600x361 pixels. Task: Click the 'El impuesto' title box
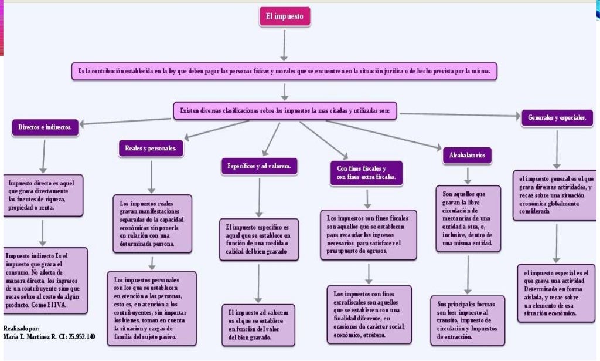285,17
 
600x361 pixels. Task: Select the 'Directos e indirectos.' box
45,127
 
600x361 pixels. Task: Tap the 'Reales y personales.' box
151,149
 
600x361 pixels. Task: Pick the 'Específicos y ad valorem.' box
259,167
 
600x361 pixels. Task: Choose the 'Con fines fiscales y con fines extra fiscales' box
366,173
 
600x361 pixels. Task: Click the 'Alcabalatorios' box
467,156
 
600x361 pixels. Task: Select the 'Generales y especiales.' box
557,118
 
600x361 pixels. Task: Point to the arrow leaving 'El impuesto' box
284,45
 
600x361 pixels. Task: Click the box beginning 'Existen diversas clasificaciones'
285,110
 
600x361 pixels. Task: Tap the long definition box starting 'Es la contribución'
284,72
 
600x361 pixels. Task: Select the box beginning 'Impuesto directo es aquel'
42,194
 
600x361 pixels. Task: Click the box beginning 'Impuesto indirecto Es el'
46,280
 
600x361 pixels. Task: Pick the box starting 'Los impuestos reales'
152,223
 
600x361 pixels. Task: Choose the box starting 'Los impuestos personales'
152,309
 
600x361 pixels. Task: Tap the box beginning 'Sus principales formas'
467,320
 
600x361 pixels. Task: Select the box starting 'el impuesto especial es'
555,293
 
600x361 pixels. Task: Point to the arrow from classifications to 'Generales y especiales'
457,114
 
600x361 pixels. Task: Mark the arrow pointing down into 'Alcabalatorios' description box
468,175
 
